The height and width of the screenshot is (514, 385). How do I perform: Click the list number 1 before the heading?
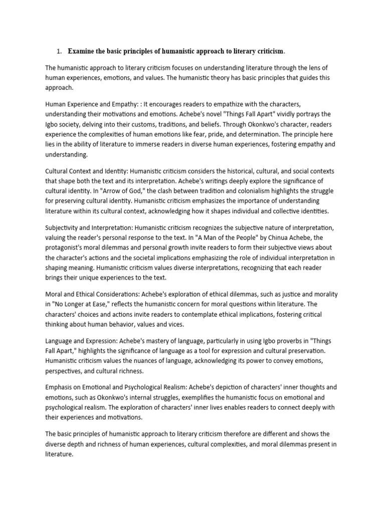pyautogui.click(x=58, y=51)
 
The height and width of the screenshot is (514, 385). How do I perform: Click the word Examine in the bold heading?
pyautogui.click(x=83, y=51)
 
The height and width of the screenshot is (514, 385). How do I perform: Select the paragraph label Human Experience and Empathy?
pyautogui.click(x=91, y=104)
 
